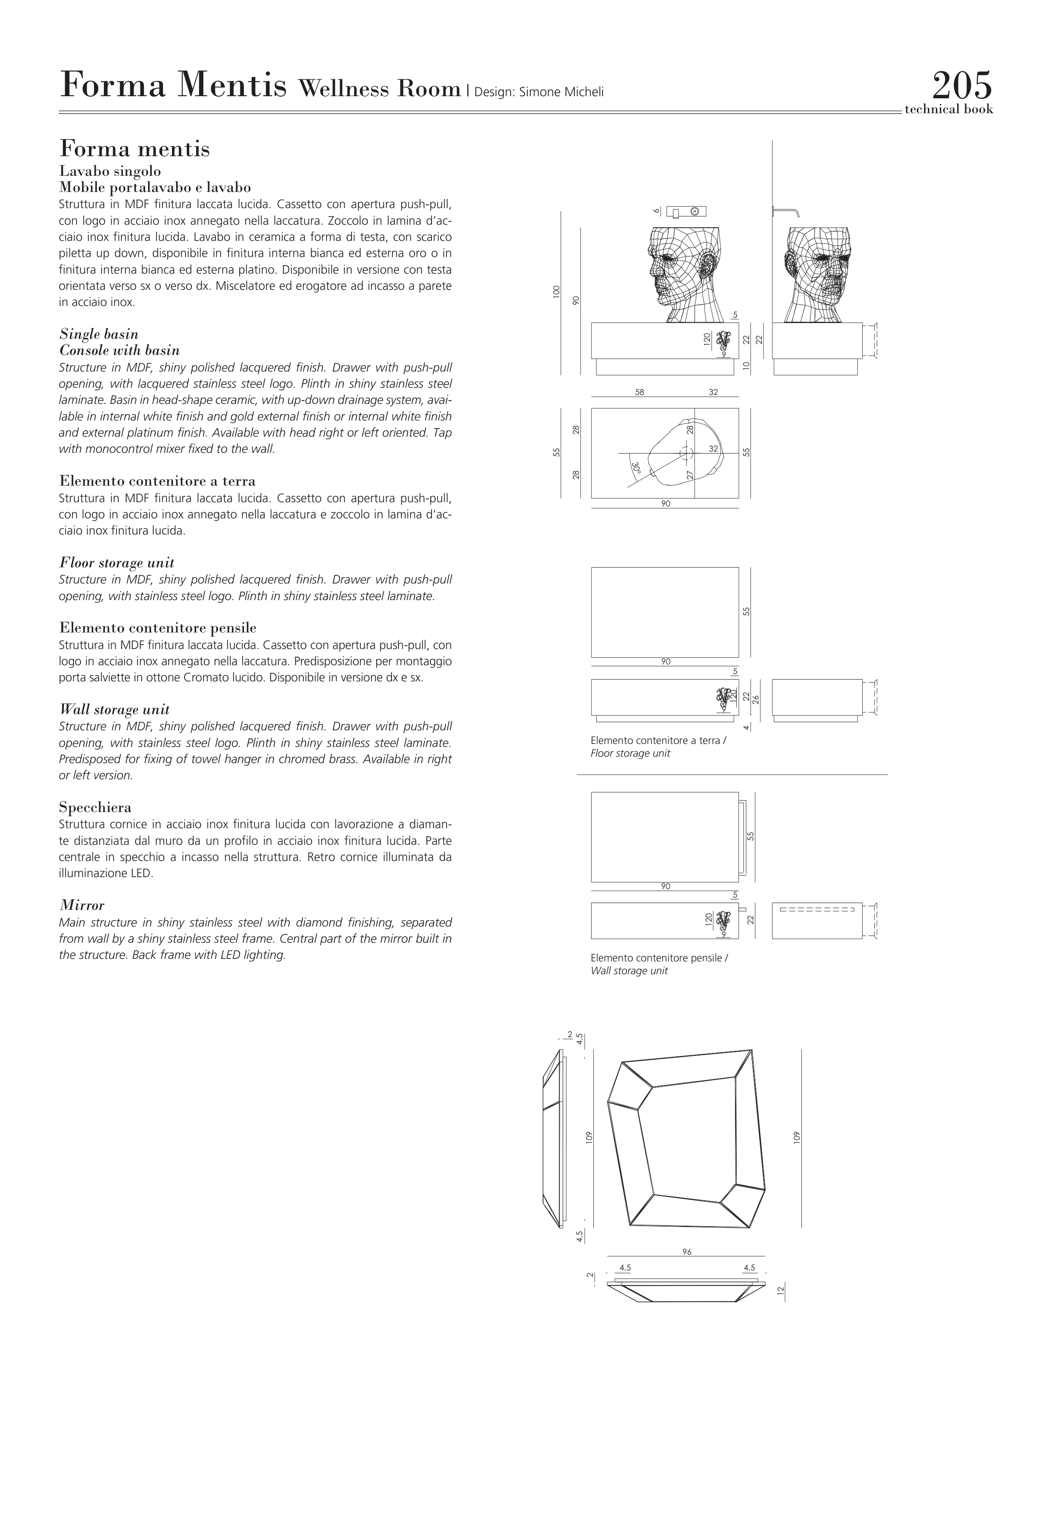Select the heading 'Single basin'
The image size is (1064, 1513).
99,334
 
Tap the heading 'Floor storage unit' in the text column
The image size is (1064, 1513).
117,563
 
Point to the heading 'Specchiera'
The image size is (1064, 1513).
95,807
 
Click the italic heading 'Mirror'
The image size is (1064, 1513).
82,905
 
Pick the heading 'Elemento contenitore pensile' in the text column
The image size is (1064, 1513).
157,628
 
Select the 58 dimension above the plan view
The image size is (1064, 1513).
640,392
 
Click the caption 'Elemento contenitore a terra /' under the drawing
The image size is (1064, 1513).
658,741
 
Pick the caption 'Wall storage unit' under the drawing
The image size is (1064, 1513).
629,971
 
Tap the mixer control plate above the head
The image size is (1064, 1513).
686,212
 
